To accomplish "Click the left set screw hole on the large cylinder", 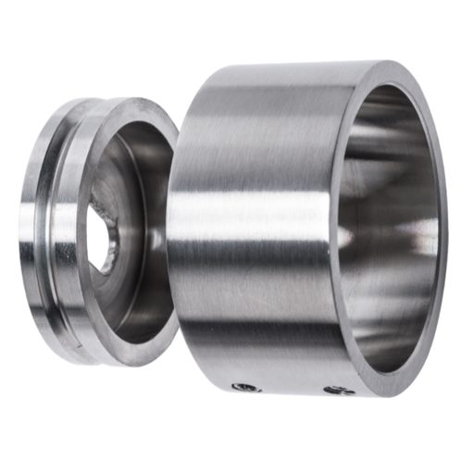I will (244, 387).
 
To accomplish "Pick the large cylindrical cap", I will (278, 231).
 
